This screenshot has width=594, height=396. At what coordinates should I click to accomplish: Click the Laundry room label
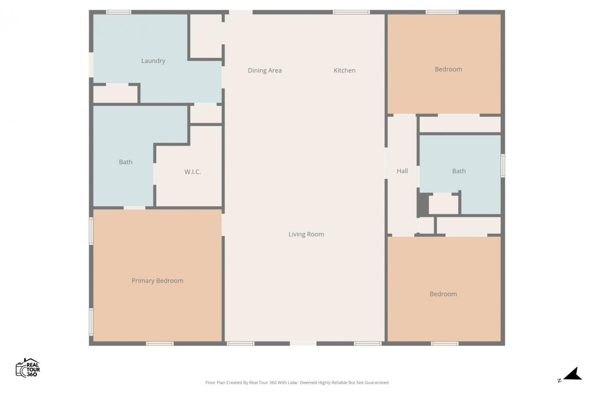tap(153, 61)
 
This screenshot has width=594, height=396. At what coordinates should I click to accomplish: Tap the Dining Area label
tap(265, 70)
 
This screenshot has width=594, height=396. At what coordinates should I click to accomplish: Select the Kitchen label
tap(345, 70)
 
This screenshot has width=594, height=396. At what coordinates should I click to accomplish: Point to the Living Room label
tap(306, 234)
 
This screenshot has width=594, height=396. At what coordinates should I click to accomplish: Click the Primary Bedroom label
tap(157, 281)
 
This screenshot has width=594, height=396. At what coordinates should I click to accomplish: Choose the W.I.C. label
tap(192, 172)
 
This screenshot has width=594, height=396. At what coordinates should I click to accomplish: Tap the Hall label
tap(402, 171)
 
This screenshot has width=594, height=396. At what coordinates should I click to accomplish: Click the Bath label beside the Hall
tap(459, 171)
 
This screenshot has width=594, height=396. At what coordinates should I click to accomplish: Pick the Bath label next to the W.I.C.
tap(126, 162)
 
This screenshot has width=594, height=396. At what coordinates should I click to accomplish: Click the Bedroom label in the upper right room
tap(448, 69)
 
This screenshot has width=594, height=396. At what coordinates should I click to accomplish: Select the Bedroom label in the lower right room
tap(443, 294)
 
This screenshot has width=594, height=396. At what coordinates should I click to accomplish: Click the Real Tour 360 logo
tap(28, 367)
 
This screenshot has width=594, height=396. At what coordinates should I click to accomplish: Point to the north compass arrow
tap(573, 374)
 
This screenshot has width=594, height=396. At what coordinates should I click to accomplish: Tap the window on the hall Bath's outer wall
tap(503, 166)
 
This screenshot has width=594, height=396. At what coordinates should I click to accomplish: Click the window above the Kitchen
tap(351, 12)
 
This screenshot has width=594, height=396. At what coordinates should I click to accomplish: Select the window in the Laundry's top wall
tap(118, 12)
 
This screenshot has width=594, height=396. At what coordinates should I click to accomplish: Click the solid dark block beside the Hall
tap(423, 204)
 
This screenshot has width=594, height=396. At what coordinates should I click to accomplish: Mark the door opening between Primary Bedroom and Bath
tap(135, 208)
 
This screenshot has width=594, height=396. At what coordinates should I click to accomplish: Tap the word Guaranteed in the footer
tap(377, 383)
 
